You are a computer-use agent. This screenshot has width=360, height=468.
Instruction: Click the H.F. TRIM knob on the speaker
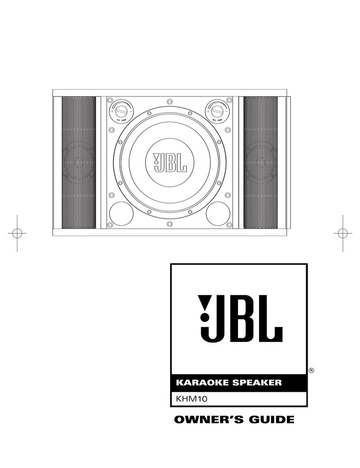pos(120,110)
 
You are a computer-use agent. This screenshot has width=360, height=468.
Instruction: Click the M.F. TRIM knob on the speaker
pos(217,110)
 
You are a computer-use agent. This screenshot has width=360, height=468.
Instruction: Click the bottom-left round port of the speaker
pos(121,213)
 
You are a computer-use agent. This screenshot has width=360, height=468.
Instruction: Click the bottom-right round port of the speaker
pos(218,213)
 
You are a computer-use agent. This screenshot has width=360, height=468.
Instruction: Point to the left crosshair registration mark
pos(17,233)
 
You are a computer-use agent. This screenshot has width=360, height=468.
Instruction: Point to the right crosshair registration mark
pos(342,233)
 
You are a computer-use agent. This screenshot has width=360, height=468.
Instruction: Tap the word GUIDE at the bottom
pos(272,419)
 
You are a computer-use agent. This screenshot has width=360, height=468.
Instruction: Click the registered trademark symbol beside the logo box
pos(311,370)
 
